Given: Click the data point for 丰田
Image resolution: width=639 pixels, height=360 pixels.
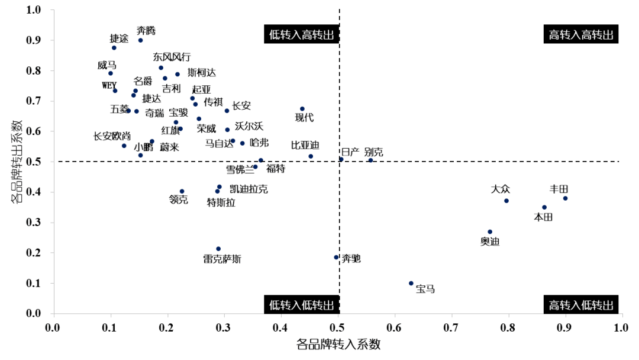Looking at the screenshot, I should click(x=565, y=198).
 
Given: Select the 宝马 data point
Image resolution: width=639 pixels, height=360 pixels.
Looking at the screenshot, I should click(x=411, y=283).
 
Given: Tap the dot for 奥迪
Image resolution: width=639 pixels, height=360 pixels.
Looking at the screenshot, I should click(x=490, y=232).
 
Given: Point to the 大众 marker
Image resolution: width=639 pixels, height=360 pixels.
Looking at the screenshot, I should click(x=506, y=201).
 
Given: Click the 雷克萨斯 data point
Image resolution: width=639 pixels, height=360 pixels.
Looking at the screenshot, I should click(x=218, y=249).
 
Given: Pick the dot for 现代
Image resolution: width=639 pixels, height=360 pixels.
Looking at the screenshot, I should click(x=302, y=109).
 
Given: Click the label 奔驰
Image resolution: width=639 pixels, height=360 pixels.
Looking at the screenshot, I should click(x=351, y=259).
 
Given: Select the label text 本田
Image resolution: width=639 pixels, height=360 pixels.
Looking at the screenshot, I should click(x=543, y=217).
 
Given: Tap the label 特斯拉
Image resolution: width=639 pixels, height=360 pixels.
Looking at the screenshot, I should click(x=221, y=203).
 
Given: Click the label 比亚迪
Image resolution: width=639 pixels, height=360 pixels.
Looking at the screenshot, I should click(x=305, y=146).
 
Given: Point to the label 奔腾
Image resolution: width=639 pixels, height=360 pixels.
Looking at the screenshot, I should click(x=146, y=30).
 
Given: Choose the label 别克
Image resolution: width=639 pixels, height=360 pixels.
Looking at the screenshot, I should click(x=373, y=152).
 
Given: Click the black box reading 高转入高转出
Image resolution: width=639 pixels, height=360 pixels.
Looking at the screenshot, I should click(x=580, y=35).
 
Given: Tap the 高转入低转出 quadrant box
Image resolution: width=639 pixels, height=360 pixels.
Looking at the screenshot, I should click(x=580, y=305).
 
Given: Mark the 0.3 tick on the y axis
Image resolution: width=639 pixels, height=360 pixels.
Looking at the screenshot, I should click(x=39, y=223).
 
